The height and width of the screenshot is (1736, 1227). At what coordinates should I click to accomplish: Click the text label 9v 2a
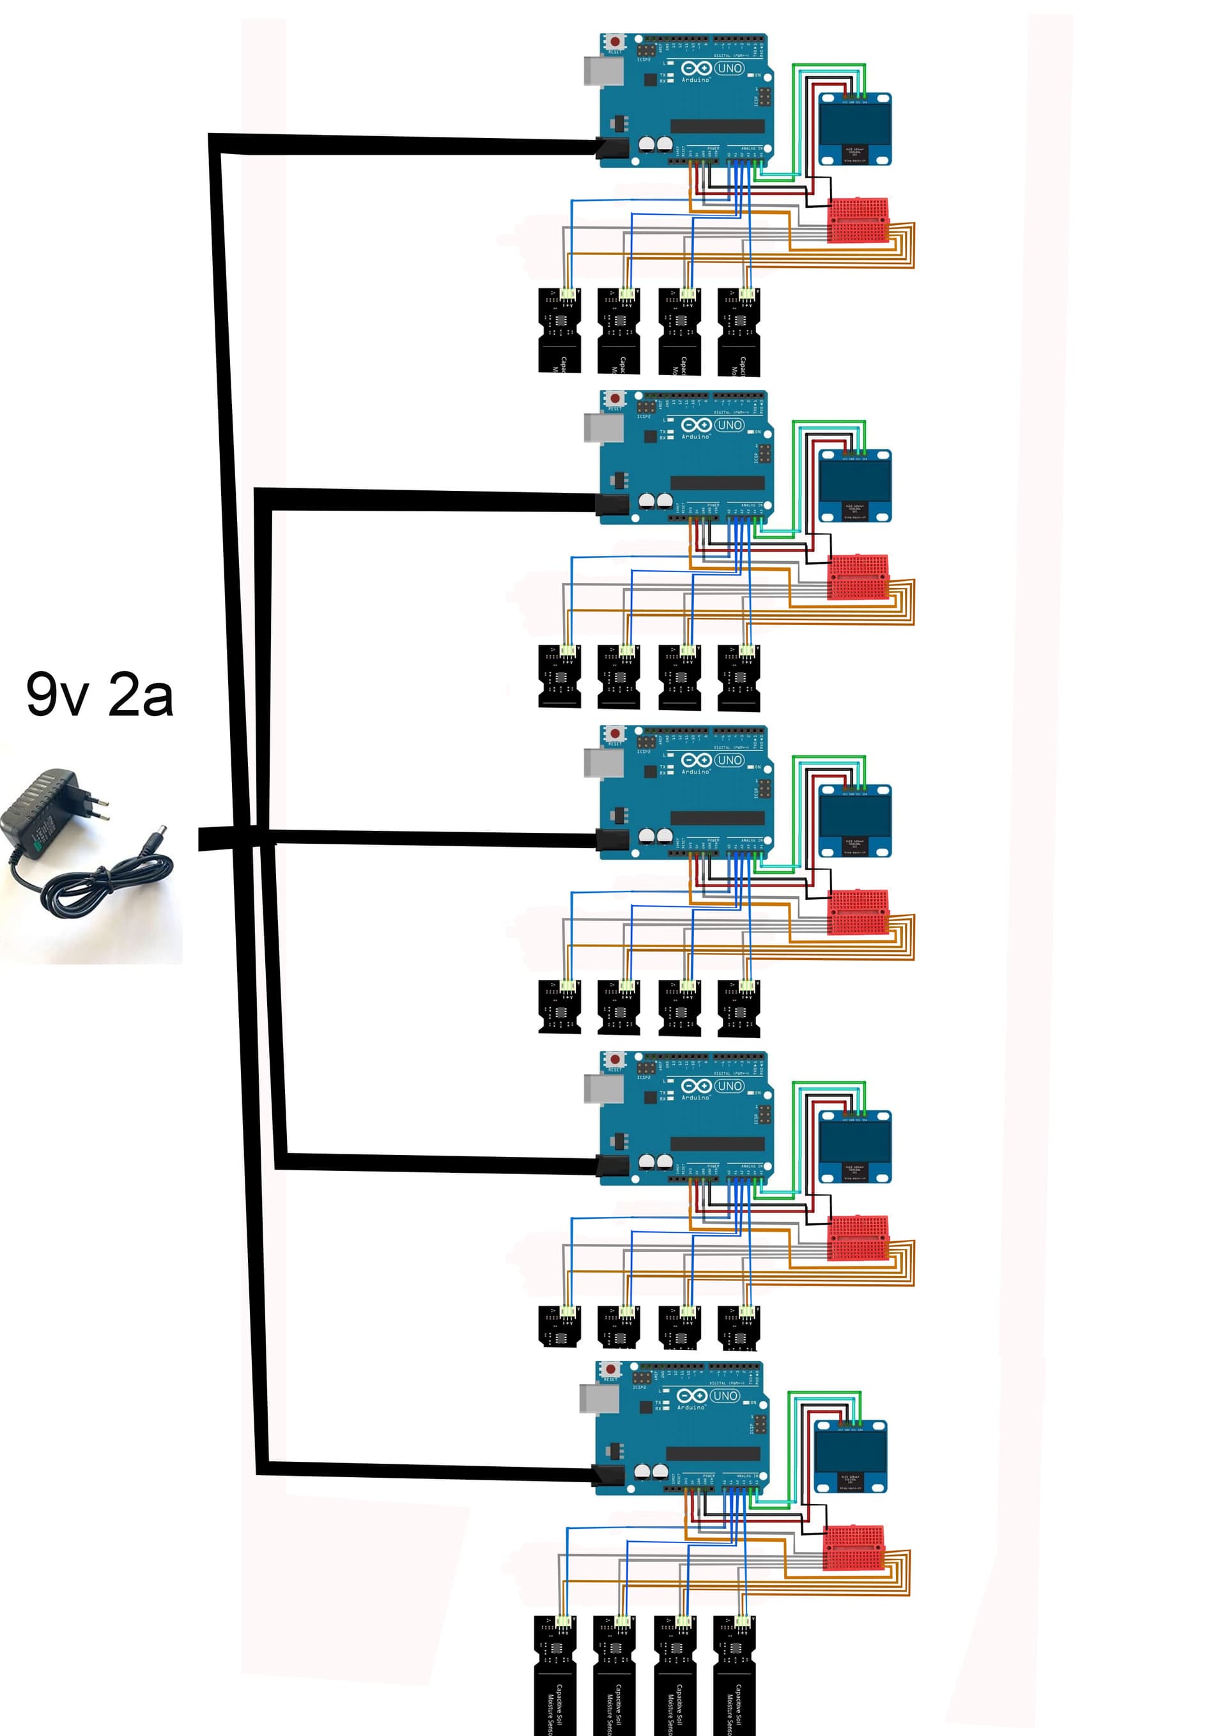click(99, 694)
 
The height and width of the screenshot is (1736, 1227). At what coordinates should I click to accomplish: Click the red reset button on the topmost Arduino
click(615, 41)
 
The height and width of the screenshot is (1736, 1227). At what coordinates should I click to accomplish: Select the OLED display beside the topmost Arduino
click(855, 128)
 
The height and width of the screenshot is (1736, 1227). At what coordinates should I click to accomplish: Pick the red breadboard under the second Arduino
click(858, 578)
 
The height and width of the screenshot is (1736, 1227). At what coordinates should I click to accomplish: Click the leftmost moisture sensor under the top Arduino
click(559, 330)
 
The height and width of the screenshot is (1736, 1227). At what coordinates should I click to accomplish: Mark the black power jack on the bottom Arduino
click(608, 1475)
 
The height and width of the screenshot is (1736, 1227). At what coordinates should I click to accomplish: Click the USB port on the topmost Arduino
click(603, 71)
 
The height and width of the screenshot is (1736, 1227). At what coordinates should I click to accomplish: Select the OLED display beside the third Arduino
click(855, 820)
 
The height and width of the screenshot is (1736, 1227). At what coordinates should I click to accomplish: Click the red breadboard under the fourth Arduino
click(858, 1237)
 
